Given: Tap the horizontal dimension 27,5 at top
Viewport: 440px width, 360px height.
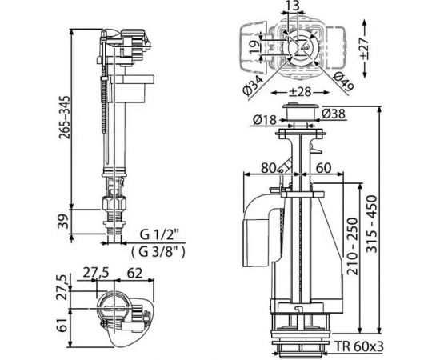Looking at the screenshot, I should pos(96,272).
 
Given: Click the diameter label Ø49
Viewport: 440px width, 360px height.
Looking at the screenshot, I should pos(345,79).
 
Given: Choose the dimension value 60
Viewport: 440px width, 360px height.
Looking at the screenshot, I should pos(325,168).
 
